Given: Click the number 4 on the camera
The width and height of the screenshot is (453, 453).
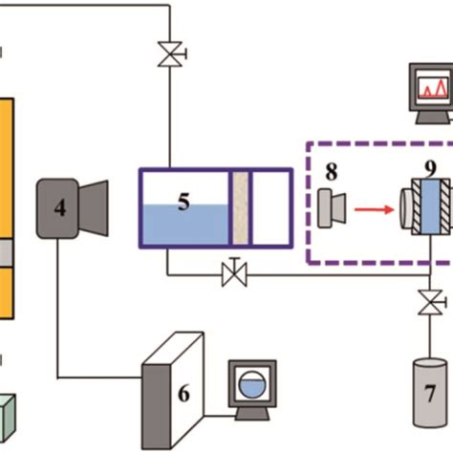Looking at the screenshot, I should (60, 207).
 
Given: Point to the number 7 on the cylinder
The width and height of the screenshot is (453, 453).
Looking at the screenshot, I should (428, 393).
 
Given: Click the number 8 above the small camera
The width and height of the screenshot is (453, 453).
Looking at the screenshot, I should (332, 174).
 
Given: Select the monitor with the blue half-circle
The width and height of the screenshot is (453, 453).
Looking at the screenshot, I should (251, 386).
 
